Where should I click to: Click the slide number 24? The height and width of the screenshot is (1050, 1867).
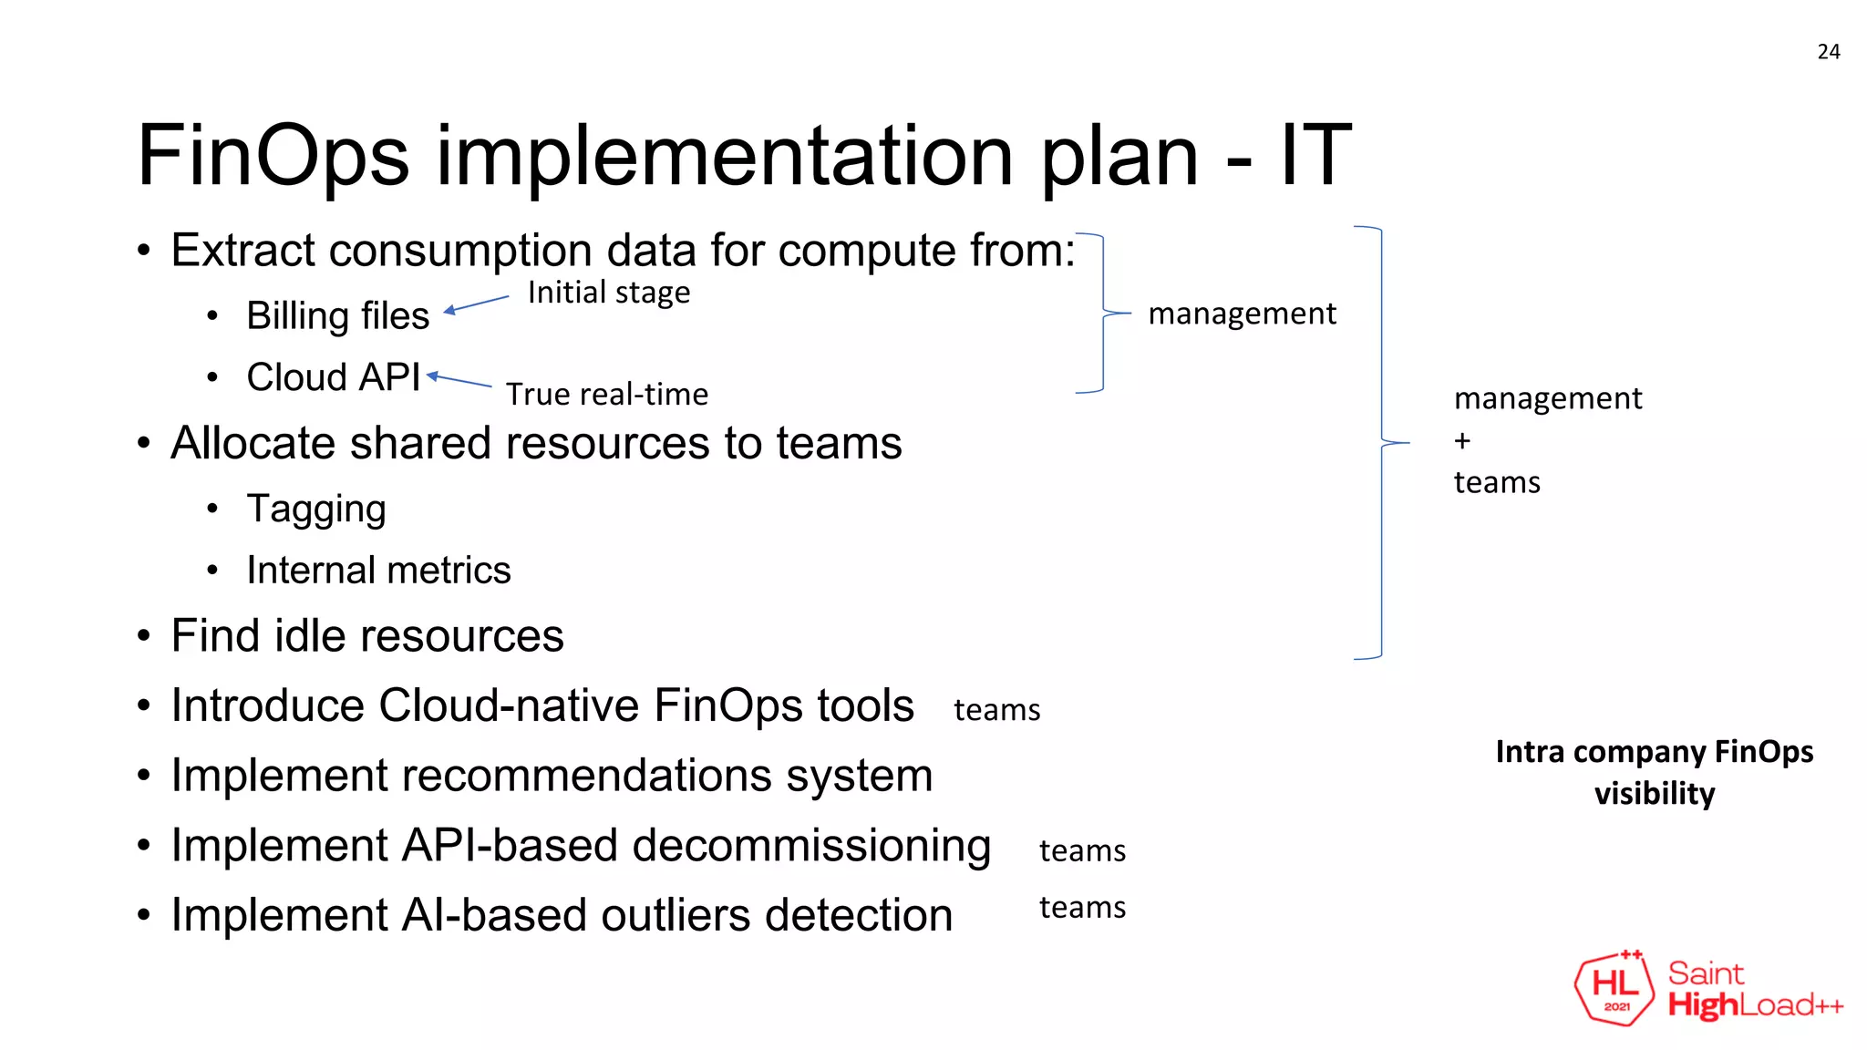click(x=1828, y=52)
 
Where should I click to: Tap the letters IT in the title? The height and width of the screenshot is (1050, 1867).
click(x=1315, y=155)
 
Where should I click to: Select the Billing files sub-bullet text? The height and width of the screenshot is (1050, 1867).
click(x=337, y=316)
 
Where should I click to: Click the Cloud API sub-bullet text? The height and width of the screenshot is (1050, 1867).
click(x=333, y=377)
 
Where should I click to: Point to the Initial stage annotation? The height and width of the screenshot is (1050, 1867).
click(x=608, y=293)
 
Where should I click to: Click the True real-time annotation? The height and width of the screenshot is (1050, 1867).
click(x=606, y=394)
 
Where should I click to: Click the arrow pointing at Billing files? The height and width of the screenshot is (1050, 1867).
click(x=476, y=304)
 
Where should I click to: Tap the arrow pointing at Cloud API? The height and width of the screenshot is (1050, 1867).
click(x=459, y=380)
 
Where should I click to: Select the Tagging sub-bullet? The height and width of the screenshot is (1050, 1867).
click(x=315, y=509)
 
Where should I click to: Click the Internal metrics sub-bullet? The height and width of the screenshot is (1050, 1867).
click(x=378, y=571)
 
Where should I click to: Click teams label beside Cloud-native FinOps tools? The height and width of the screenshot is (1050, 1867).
click(x=996, y=710)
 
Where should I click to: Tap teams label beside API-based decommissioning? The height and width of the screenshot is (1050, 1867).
click(x=1082, y=850)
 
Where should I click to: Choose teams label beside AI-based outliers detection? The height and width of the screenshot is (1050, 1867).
click(x=1082, y=908)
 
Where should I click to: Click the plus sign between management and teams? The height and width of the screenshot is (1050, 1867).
click(x=1462, y=441)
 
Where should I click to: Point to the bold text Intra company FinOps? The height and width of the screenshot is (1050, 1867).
click(x=1654, y=752)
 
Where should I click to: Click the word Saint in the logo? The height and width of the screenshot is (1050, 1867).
click(x=1705, y=973)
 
